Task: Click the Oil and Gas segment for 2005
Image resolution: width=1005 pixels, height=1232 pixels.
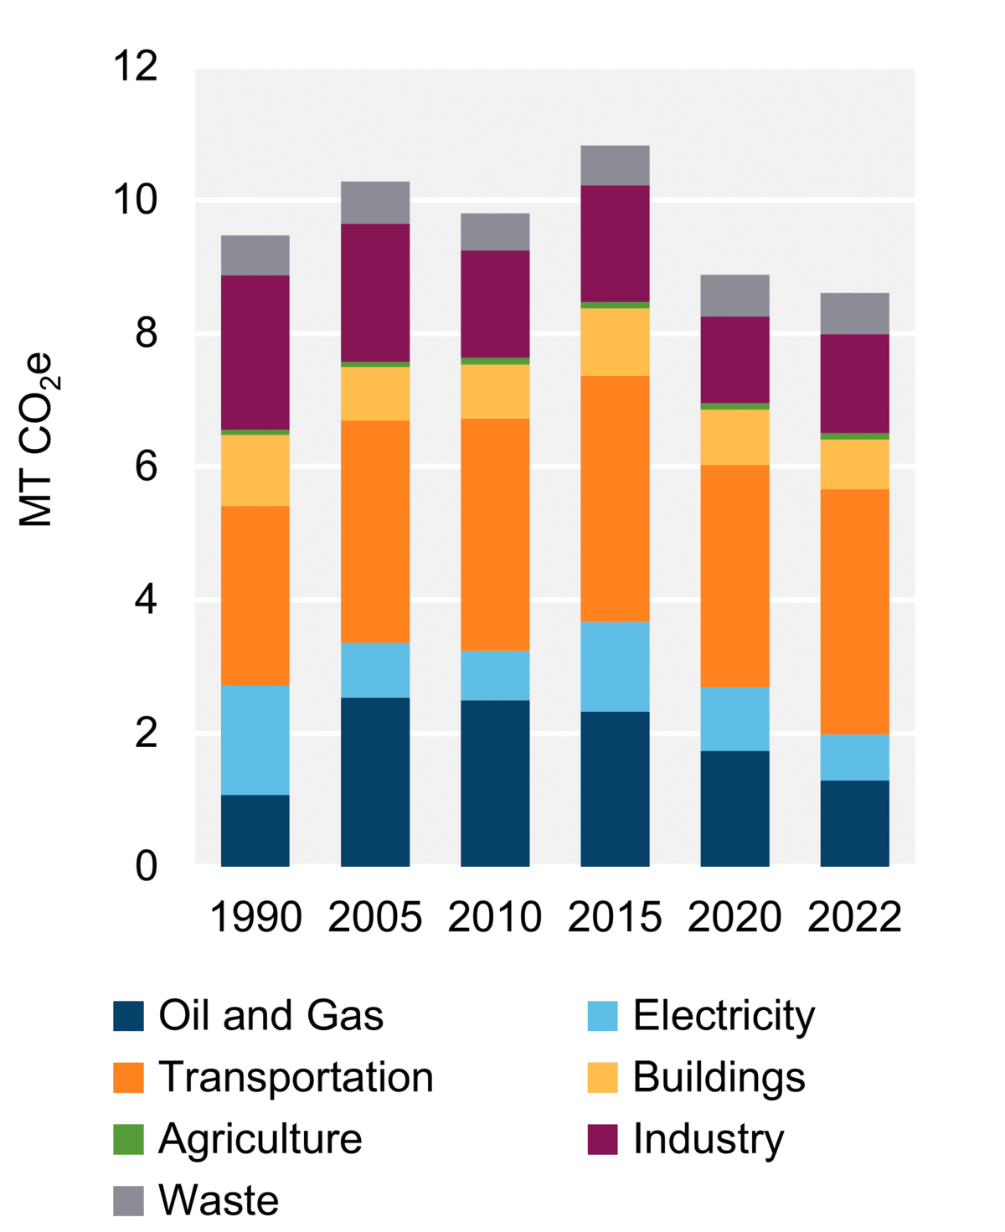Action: pyautogui.click(x=375, y=781)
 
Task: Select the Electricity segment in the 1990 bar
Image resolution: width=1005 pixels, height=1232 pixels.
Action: pyautogui.click(x=255, y=740)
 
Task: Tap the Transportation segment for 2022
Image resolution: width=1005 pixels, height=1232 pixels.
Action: pyautogui.click(x=854, y=611)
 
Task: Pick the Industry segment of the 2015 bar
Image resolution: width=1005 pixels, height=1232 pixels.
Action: pyautogui.click(x=615, y=243)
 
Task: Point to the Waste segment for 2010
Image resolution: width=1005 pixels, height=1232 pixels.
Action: pyautogui.click(x=495, y=232)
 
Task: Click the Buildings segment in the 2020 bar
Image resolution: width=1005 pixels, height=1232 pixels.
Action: pyautogui.click(x=734, y=436)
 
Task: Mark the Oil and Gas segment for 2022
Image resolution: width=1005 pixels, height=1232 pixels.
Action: pyautogui.click(x=854, y=822)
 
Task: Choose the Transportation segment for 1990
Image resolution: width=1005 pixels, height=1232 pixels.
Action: pyautogui.click(x=255, y=595)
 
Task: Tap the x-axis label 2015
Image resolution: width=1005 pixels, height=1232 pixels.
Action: pyautogui.click(x=615, y=917)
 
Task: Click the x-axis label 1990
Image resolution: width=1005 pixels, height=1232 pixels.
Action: pyautogui.click(x=255, y=917)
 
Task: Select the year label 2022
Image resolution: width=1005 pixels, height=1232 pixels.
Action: pyautogui.click(x=854, y=917)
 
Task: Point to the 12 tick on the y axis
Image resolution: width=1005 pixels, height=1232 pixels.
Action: pyautogui.click(x=136, y=66)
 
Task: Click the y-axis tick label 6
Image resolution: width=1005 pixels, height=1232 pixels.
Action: pyautogui.click(x=146, y=467)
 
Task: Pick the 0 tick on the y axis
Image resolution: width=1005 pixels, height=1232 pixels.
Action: pyautogui.click(x=146, y=866)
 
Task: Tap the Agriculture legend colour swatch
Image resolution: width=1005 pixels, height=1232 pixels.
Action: pyautogui.click(x=128, y=1139)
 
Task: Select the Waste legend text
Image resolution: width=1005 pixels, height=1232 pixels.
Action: pyautogui.click(x=219, y=1200)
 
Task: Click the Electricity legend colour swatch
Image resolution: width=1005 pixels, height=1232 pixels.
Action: pyautogui.click(x=602, y=1016)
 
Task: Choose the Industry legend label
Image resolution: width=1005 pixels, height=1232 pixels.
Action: pyautogui.click(x=709, y=1139)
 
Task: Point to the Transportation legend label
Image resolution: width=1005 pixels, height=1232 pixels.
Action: pyautogui.click(x=296, y=1077)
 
